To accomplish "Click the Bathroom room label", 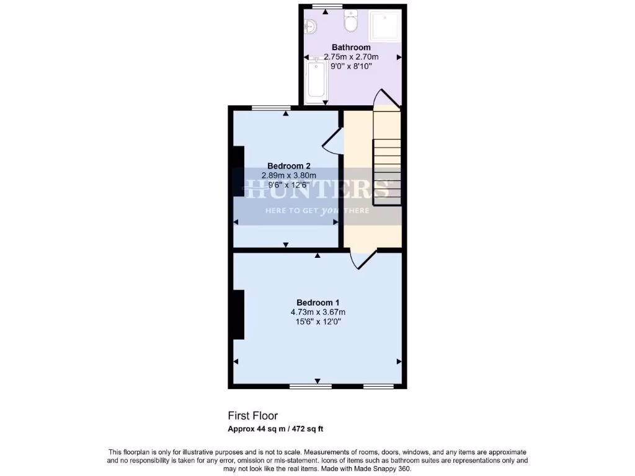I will [x=351, y=47].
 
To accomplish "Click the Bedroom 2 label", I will [x=288, y=165].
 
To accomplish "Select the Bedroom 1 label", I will [x=317, y=302].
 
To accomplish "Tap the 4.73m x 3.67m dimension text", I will [x=317, y=312].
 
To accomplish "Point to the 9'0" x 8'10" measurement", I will [x=351, y=66].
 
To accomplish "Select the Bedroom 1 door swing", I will [x=363, y=258].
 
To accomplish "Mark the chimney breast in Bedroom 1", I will [x=238, y=315].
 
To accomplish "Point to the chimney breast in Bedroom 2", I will [x=238, y=171].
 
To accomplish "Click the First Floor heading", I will [x=252, y=416].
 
